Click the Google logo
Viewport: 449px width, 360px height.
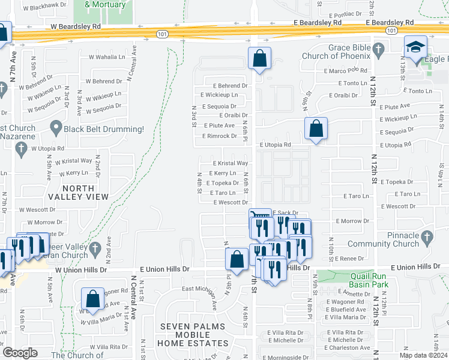click(20, 353)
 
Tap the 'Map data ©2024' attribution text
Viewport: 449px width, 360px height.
click(422, 355)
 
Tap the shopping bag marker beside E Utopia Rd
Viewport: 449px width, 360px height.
click(316, 128)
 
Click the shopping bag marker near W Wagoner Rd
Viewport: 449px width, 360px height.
click(92, 298)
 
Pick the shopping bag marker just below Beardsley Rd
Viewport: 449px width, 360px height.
click(259, 59)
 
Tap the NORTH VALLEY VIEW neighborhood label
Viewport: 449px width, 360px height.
click(85, 193)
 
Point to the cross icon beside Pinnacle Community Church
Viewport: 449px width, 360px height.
click(426, 239)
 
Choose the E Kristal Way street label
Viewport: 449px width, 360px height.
click(231, 163)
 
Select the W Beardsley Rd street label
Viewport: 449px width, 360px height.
click(76, 26)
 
